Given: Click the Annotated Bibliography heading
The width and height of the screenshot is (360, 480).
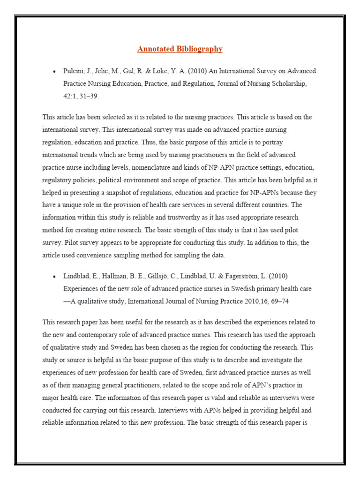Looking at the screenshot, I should pyautogui.click(x=180, y=49).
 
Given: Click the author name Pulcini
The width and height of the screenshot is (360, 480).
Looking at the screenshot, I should pyautogui.click(x=74, y=71).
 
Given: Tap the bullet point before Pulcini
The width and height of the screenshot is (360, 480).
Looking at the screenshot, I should pyautogui.click(x=54, y=71).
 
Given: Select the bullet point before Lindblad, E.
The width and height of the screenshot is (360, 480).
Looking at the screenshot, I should pyautogui.click(x=54, y=276).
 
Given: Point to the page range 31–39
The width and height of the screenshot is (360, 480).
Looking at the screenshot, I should pyautogui.click(x=89, y=96).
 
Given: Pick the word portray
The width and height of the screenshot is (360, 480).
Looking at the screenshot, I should pyautogui.click(x=271, y=142).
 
